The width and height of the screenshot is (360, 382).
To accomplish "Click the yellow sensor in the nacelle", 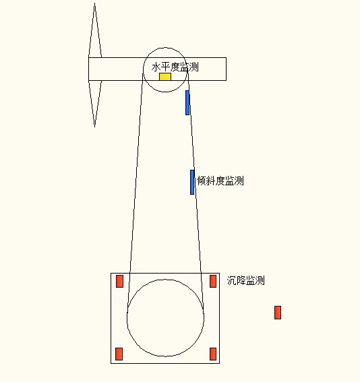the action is [165, 77].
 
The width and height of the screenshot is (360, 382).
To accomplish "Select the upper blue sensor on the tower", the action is [187, 102].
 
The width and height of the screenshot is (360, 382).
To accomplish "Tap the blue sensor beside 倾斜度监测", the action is [192, 182].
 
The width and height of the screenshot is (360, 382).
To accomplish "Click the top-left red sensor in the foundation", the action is [119, 281].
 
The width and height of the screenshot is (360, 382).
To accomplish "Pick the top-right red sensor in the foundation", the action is [213, 281].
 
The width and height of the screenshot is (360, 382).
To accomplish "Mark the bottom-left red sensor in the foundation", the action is [119, 354].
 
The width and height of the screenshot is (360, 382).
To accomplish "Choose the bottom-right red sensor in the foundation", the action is [213, 354].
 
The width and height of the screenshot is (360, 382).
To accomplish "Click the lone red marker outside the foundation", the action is [278, 313].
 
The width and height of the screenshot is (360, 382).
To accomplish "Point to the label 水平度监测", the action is [175, 67].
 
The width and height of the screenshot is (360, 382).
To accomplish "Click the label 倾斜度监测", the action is [220, 181].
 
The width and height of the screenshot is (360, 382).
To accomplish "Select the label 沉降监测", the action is [245, 280].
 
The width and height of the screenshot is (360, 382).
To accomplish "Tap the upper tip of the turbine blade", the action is [94, 3].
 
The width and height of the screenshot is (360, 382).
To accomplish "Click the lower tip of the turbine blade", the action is [94, 127].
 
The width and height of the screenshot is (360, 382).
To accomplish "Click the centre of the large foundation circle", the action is [165, 318].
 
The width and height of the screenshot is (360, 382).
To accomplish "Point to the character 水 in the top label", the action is [156, 67].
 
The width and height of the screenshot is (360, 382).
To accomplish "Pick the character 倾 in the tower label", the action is [202, 181].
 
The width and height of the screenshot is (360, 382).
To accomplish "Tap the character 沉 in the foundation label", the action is [231, 280].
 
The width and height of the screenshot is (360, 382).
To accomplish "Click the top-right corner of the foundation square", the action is [220, 273].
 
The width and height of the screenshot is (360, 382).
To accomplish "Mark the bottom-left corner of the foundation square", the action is [111, 363].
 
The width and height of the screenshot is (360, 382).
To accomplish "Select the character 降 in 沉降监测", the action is [241, 280].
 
